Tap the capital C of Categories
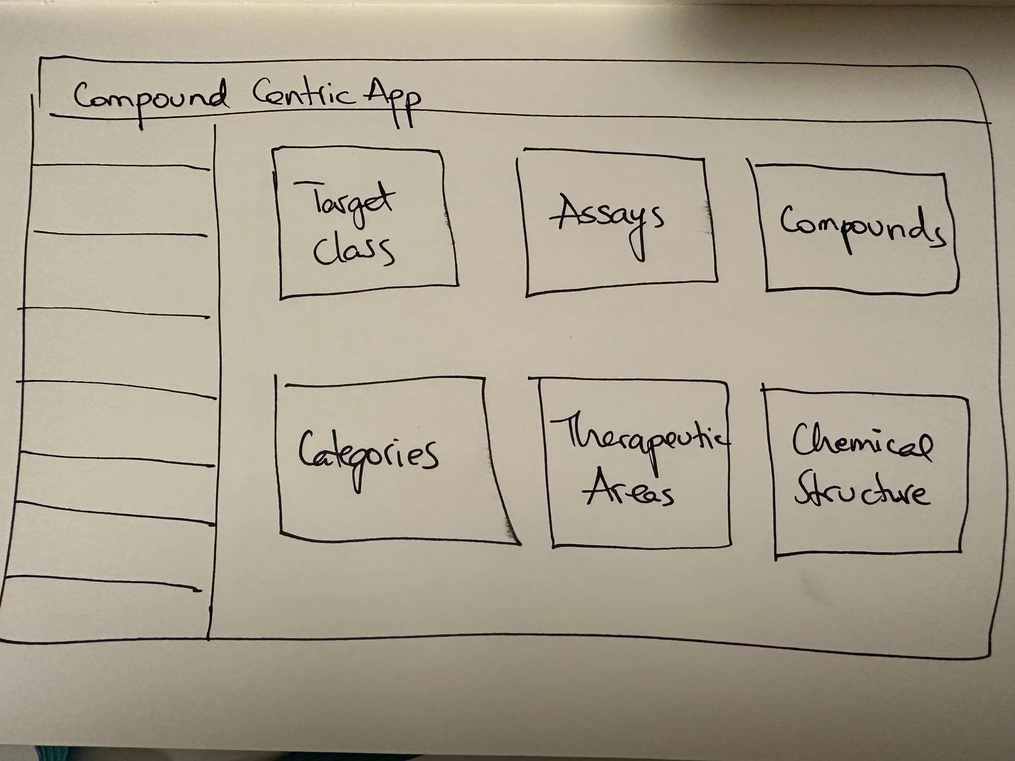tap(308, 450)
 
